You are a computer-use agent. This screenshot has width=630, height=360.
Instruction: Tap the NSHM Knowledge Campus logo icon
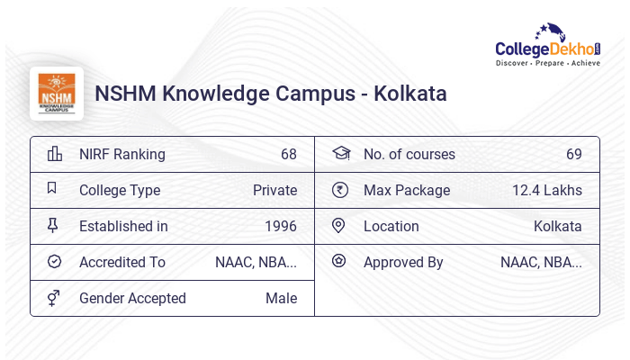tap(57, 93)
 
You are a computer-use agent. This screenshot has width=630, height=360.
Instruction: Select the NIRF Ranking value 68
tap(288, 154)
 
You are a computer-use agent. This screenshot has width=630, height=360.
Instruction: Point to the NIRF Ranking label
tap(122, 154)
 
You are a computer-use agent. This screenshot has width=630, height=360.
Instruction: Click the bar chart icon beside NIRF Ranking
tap(54, 154)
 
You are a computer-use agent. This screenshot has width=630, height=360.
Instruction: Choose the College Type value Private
tap(274, 190)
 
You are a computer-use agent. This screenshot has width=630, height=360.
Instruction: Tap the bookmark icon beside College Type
tap(53, 189)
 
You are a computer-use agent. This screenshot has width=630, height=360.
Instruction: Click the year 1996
tap(281, 226)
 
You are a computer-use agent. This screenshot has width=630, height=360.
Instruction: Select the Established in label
tap(123, 226)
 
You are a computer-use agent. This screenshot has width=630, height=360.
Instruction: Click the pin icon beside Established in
tap(53, 226)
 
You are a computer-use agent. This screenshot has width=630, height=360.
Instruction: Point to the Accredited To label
tap(122, 262)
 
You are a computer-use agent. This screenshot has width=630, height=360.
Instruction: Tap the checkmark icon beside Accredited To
tap(54, 262)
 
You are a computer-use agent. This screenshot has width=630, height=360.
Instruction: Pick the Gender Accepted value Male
tap(281, 298)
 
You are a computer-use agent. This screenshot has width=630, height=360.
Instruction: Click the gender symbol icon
tap(54, 298)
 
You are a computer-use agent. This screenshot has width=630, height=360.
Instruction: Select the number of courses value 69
tap(573, 154)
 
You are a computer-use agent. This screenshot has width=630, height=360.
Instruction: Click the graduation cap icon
tap(340, 154)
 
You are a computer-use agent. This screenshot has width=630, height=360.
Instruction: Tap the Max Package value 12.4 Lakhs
tap(547, 190)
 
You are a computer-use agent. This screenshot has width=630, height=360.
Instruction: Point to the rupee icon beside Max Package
tap(339, 190)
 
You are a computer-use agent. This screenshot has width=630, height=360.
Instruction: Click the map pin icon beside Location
tap(339, 226)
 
